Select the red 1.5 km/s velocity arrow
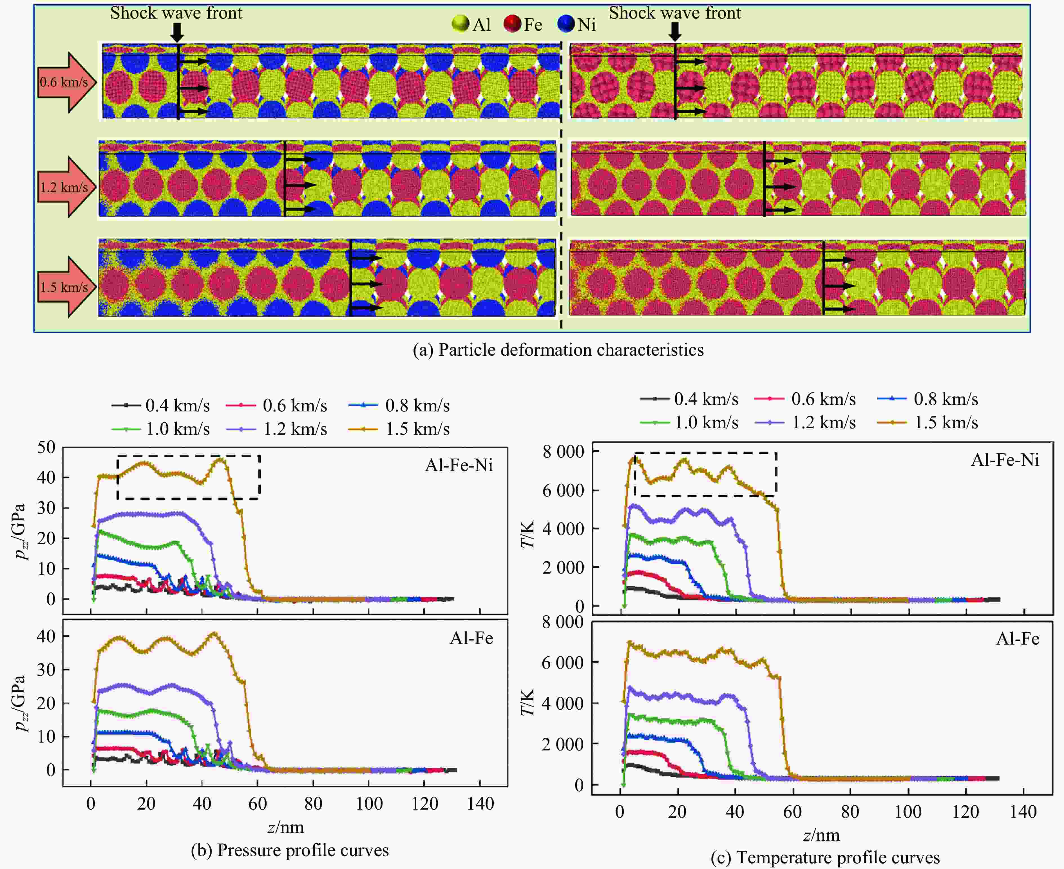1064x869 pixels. click(65, 287)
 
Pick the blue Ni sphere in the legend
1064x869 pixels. click(566, 24)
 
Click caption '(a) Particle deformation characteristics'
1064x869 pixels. click(558, 349)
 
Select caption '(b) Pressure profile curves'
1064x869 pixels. click(290, 850)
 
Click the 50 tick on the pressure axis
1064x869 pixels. click(46, 447)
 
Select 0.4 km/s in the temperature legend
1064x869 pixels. click(706, 399)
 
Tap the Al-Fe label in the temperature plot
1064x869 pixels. click(1018, 638)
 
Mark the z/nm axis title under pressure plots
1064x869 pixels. click(286, 827)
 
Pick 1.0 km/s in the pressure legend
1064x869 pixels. click(178, 429)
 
